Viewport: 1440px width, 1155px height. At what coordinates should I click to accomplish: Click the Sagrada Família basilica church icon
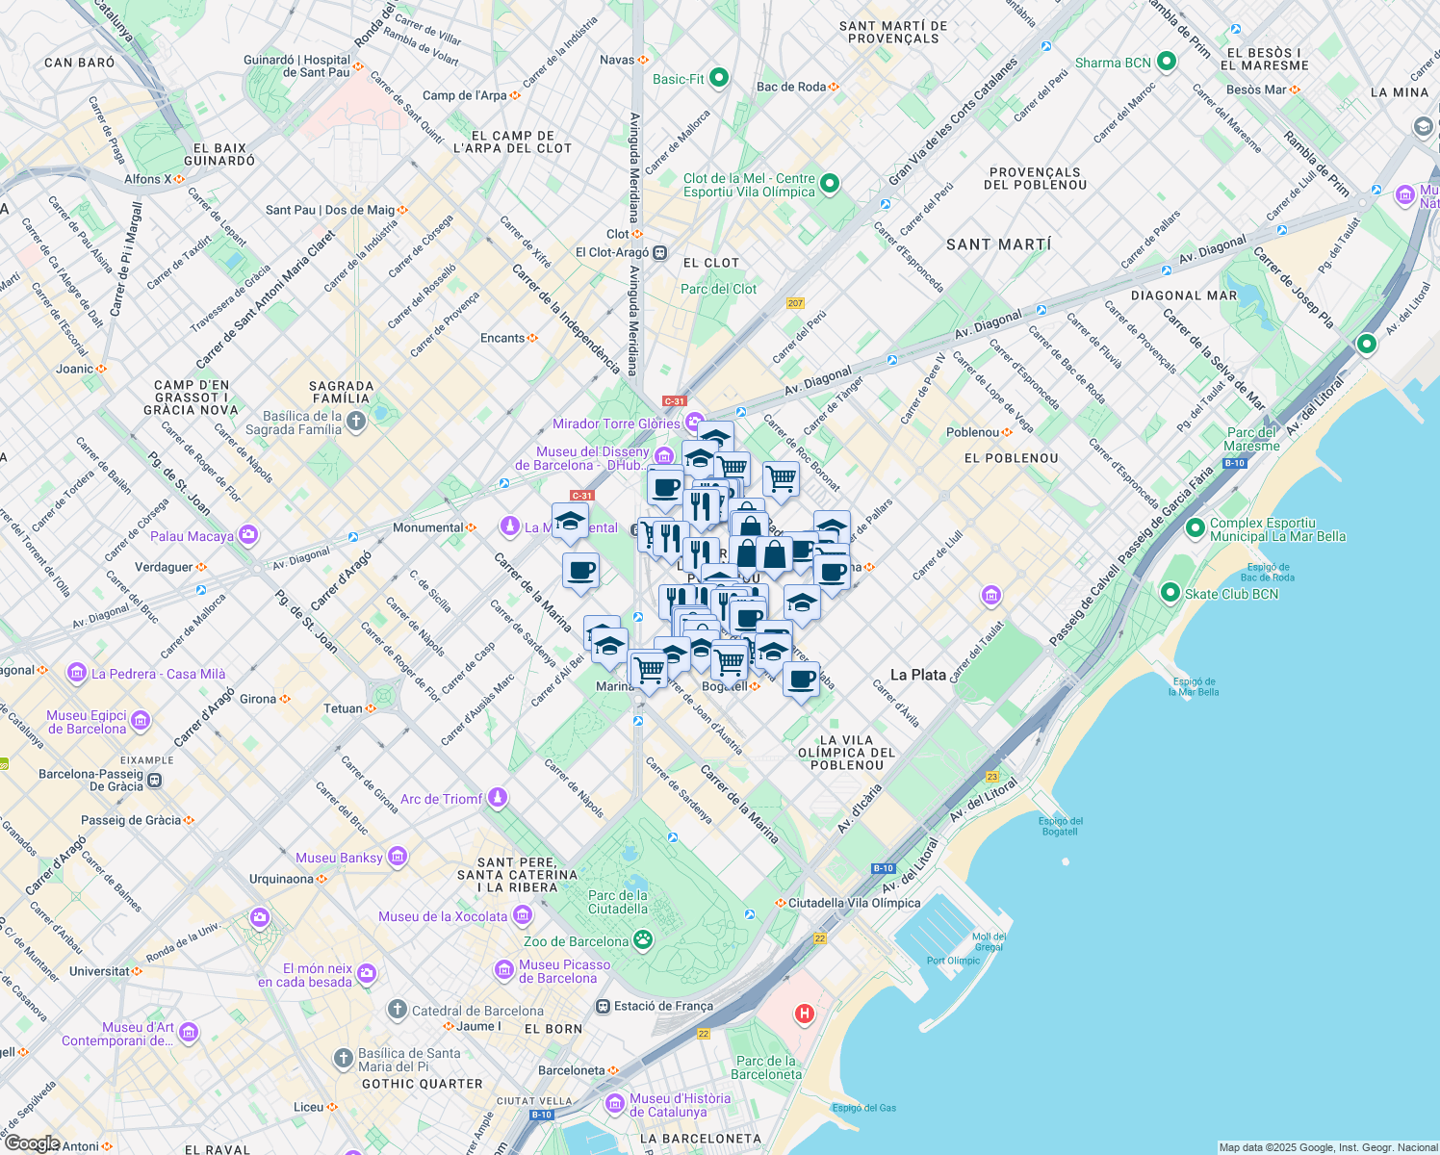pos(356,422)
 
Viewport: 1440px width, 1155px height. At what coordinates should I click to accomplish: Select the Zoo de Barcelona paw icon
pos(642,940)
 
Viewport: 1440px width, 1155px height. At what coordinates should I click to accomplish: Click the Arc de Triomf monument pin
pos(498,797)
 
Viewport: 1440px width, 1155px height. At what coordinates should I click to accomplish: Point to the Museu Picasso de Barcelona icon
pos(503,970)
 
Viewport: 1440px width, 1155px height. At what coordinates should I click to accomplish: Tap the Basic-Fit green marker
pos(719,79)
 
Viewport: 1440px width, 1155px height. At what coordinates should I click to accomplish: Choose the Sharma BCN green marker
pos(1167,63)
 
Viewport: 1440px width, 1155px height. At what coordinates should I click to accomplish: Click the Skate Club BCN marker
pos(1170,593)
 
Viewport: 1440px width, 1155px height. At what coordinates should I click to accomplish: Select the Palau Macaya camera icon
pos(248,534)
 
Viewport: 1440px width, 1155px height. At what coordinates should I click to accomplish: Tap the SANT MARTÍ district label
pos(998,244)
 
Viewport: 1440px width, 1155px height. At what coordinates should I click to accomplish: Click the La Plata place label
pos(917,675)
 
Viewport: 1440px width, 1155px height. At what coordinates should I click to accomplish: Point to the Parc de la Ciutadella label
pos(618,902)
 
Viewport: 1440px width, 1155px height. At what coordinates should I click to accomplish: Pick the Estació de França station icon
pos(604,1006)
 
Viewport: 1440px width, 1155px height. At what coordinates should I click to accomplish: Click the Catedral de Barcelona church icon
pos(398,1010)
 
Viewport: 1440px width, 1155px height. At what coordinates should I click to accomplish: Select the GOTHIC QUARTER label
pos(423,1084)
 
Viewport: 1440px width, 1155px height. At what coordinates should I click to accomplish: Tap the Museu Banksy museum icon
pos(398,857)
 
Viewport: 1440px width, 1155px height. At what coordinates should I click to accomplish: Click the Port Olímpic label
pos(953,961)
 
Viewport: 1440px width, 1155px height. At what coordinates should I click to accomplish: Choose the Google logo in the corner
pos(32,1144)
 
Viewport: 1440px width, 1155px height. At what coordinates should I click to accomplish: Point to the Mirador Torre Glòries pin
pos(695,423)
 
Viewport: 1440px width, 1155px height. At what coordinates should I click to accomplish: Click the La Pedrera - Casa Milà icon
pos(77,674)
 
